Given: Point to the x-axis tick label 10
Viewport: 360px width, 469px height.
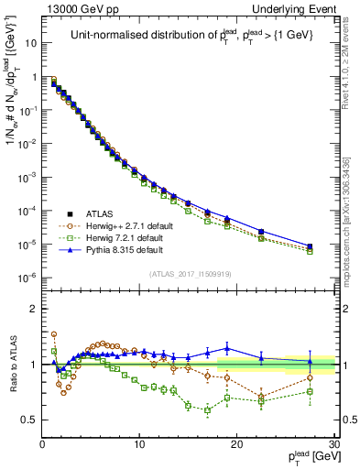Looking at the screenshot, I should [x=139, y=444].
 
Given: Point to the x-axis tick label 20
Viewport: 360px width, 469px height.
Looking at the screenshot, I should [x=236, y=444].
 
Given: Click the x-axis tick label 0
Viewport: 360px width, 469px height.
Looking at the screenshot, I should [x=43, y=444].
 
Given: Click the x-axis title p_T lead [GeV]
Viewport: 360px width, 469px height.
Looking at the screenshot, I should [x=307, y=457].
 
